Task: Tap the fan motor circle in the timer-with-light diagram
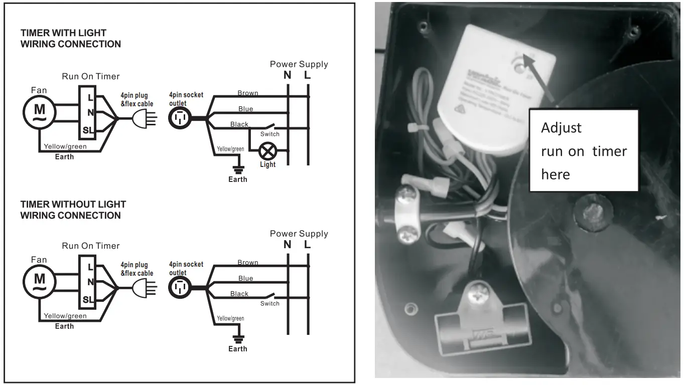(x=39, y=113)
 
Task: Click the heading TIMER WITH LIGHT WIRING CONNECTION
(x=70, y=39)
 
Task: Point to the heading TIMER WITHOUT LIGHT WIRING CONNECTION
(x=73, y=210)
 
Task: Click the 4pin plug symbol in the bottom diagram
(x=142, y=288)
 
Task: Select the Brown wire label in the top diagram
(x=248, y=93)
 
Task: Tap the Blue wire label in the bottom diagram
(x=246, y=278)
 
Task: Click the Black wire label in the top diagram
(x=239, y=124)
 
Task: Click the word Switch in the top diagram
(x=270, y=134)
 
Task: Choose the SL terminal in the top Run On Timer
(x=87, y=130)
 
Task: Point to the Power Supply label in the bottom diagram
(x=299, y=234)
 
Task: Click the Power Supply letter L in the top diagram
(x=308, y=76)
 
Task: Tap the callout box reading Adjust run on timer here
(x=584, y=150)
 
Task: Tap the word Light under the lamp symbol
(x=267, y=164)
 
